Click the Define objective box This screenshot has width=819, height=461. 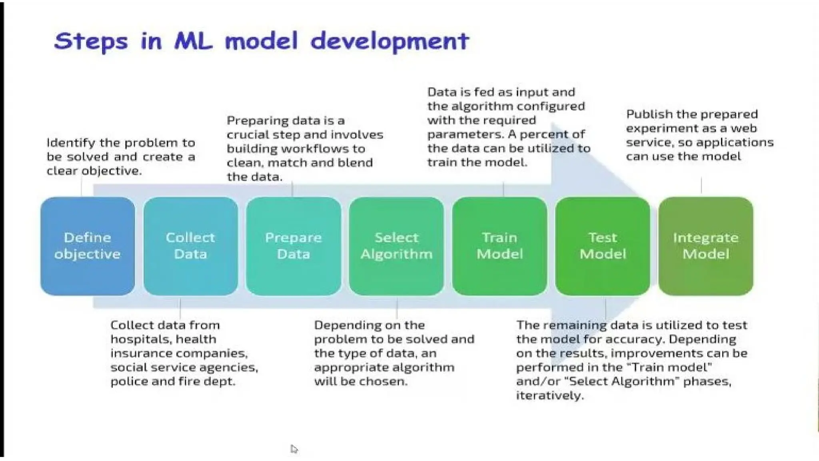pyautogui.click(x=88, y=246)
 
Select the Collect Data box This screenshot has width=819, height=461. pyautogui.click(x=190, y=246)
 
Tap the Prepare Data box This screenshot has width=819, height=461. pyautogui.click(x=293, y=246)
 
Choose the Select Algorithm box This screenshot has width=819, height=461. pyautogui.click(x=396, y=246)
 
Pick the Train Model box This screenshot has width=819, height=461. pyautogui.click(x=499, y=246)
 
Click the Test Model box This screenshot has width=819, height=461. pyautogui.click(x=603, y=246)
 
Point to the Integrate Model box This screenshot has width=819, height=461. pyautogui.click(x=706, y=246)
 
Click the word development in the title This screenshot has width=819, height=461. pyautogui.click(x=390, y=41)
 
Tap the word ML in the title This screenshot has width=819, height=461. pyautogui.click(x=194, y=41)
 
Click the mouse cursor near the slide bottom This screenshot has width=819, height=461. pyautogui.click(x=294, y=449)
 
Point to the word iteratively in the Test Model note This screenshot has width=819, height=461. pyautogui.click(x=550, y=396)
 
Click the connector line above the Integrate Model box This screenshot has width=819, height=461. pyautogui.click(x=701, y=186)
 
